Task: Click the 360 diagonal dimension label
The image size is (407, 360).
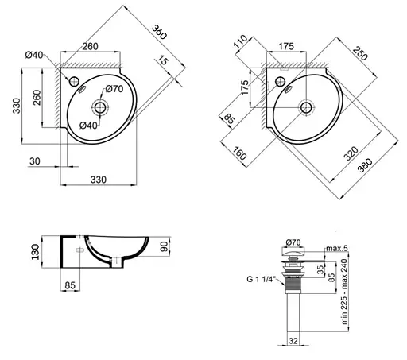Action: click(159, 32)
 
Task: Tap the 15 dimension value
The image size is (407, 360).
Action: click(163, 60)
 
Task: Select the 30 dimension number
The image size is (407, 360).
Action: click(35, 161)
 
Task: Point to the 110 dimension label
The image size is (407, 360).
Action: click(241, 41)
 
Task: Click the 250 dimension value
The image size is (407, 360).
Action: click(360, 53)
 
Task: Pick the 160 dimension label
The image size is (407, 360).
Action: click(239, 153)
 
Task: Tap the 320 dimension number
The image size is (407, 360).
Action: click(351, 153)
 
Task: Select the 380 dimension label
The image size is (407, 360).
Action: click(365, 165)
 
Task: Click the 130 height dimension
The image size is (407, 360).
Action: click(35, 252)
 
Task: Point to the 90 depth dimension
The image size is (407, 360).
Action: click(165, 246)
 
